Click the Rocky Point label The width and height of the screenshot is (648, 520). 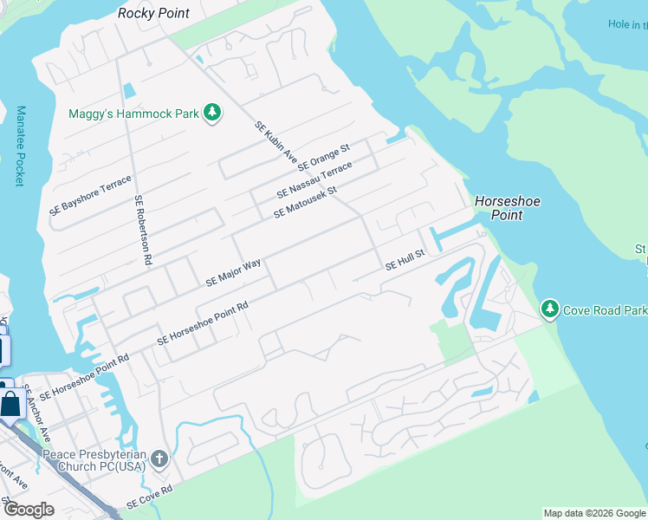153,13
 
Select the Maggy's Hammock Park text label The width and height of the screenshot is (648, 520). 134,114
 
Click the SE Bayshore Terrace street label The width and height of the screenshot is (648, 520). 91,195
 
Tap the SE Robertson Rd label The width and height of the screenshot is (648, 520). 144,230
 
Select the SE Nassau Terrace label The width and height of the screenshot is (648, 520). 314,179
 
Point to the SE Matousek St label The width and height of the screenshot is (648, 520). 304,202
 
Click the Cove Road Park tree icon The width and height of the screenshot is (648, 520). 549,309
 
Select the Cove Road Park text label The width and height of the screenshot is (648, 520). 605,309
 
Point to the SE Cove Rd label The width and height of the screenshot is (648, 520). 149,496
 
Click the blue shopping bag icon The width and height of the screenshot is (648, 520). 10,404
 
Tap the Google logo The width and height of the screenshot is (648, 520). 29,509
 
